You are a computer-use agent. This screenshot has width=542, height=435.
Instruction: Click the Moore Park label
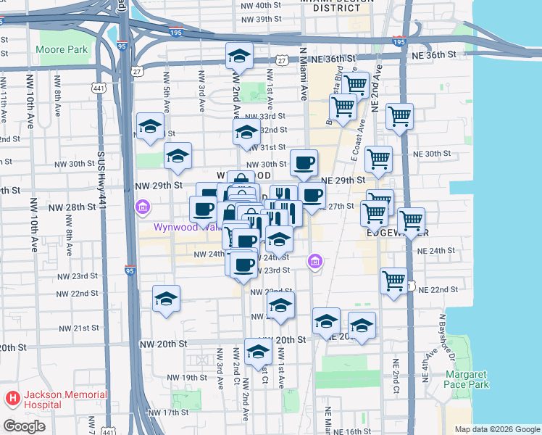62,50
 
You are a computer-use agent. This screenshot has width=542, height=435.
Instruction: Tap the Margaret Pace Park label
467,379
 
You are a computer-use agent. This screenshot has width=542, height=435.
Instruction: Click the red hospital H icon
12,399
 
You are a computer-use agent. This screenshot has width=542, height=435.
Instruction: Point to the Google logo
24,426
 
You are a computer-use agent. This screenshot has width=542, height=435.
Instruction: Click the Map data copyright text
498,429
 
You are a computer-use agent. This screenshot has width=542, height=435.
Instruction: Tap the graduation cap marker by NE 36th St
238,55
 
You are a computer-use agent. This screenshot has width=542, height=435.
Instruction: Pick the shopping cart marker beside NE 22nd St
394,280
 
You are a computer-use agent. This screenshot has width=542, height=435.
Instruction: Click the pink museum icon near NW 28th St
143,209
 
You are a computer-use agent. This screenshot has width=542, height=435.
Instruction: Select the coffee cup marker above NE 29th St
304,162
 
